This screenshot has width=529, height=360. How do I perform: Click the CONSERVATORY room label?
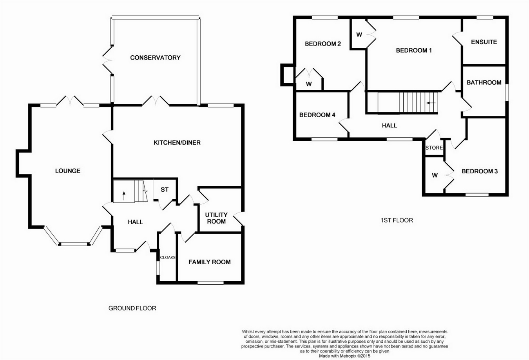pos(155,58)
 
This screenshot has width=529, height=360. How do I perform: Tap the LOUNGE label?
pos(68,171)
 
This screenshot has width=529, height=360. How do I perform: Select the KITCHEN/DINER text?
pos(177,142)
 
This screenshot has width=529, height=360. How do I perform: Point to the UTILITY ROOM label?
pos(216,218)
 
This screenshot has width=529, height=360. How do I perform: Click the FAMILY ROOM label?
pos(210,262)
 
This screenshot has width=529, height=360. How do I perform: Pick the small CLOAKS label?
pos(168,257)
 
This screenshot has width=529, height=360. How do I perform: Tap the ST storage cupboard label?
pos(164,189)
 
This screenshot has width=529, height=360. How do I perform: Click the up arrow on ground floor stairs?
pos(124,196)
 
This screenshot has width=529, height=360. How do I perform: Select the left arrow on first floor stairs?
pos(431,103)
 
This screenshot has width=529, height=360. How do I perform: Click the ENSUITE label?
pos(484,42)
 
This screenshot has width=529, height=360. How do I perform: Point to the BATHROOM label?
pos(484,82)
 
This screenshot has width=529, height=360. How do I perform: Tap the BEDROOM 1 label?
pos(414,50)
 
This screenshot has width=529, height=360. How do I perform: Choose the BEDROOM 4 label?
pos(317,115)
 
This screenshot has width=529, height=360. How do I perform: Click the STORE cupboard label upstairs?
pos(434,148)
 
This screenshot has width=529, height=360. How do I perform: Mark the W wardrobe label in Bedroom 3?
pos(435,175)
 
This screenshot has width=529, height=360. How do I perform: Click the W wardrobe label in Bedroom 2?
pos(309,84)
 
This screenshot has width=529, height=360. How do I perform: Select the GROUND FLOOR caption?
pos(132,308)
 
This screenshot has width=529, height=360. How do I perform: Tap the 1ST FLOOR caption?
pos(397,220)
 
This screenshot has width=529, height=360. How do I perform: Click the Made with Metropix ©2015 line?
pos(344,356)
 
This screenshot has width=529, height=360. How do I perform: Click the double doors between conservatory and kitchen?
pos(156,101)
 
